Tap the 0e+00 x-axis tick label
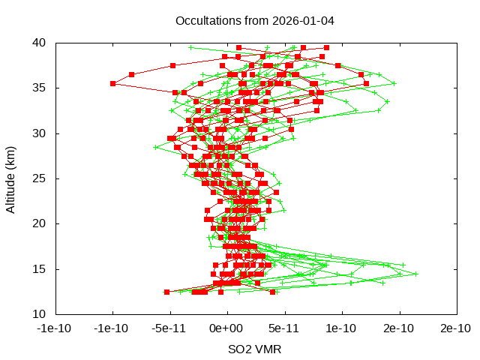pyautogui.click(x=227, y=328)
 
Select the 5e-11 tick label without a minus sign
pyautogui.click(x=285, y=328)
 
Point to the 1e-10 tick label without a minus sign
pyautogui.click(x=342, y=328)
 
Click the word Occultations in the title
pyautogui.click(x=205, y=20)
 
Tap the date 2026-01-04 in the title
pyautogui.click(x=304, y=20)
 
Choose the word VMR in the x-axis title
pyautogui.click(x=269, y=349)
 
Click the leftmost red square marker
pyautogui.click(x=113, y=83)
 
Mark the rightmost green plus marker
pyautogui.click(x=415, y=274)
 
